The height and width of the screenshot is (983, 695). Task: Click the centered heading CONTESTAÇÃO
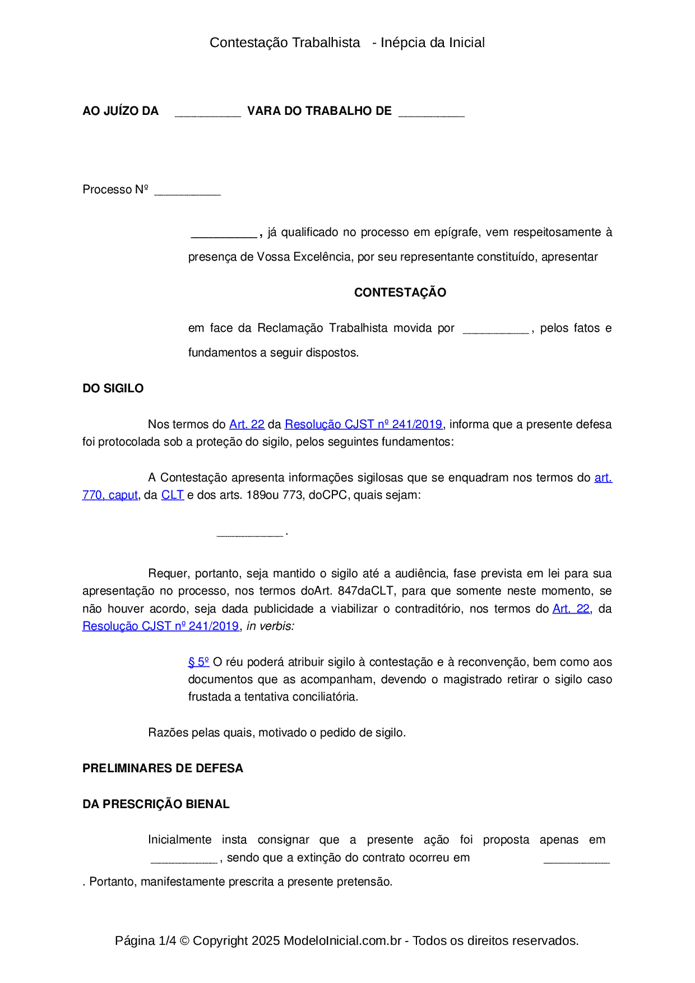point(400,293)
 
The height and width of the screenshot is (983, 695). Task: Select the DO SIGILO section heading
point(113,388)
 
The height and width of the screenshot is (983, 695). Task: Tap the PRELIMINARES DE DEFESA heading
point(163,768)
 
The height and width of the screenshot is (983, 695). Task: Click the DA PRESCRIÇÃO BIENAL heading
point(156,804)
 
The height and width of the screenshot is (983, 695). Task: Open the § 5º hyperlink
point(198,662)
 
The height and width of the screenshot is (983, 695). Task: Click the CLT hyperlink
point(172,495)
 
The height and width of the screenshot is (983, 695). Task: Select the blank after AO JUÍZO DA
point(207,113)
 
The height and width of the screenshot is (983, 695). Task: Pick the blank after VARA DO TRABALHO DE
point(431,113)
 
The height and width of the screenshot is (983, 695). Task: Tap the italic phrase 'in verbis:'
point(270,627)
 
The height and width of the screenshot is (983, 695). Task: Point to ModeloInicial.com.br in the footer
point(342,940)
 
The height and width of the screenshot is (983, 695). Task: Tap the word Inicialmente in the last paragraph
point(179,840)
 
